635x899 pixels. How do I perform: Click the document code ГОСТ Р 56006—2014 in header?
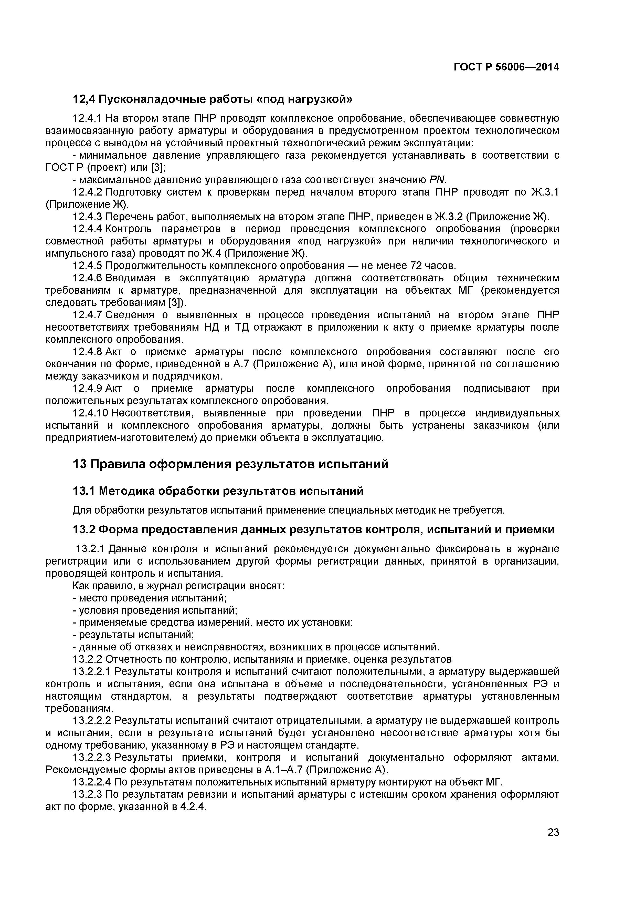tap(506, 67)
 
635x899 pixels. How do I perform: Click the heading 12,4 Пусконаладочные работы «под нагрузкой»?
tap(213, 99)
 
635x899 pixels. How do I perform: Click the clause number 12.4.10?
tap(90, 413)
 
